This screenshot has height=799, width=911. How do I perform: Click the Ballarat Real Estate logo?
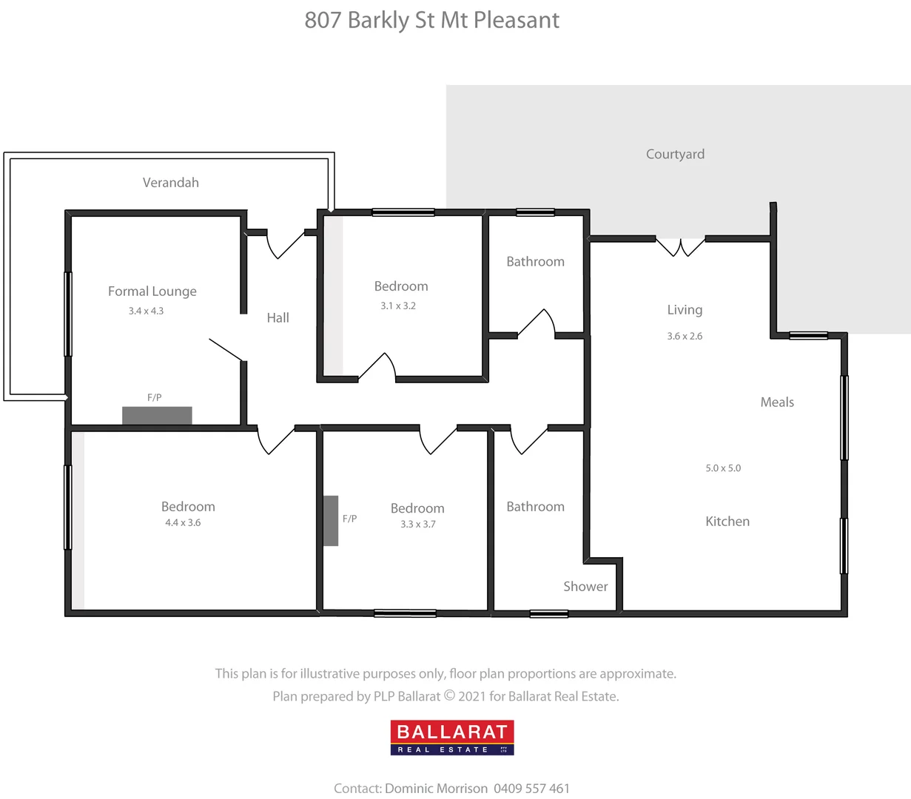click(x=452, y=738)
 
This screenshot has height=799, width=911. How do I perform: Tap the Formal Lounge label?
click(x=152, y=291)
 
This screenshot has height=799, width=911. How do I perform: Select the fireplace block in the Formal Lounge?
click(x=157, y=416)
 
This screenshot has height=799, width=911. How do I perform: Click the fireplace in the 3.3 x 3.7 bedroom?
click(x=330, y=521)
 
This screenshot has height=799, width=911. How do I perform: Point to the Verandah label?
click(x=170, y=183)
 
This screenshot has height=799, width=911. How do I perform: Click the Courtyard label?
click(x=675, y=154)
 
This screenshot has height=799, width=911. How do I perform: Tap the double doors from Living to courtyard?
click(x=681, y=246)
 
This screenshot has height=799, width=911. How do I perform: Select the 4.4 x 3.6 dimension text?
click(x=183, y=523)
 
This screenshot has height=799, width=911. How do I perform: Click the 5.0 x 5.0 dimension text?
click(x=723, y=468)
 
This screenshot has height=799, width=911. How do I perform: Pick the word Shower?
click(x=585, y=587)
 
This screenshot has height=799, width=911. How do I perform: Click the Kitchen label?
click(x=727, y=522)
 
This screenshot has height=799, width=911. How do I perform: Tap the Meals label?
click(x=777, y=402)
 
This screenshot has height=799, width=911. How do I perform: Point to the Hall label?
click(x=278, y=318)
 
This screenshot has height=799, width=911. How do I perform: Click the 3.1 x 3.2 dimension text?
click(x=398, y=306)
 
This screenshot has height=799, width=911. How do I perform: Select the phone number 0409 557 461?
click(x=531, y=789)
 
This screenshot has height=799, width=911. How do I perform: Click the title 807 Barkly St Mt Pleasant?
click(x=432, y=20)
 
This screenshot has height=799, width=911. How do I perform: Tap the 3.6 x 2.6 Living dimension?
click(x=685, y=336)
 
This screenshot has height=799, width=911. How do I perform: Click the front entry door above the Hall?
click(x=285, y=243)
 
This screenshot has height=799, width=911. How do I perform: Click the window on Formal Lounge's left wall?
click(x=68, y=314)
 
